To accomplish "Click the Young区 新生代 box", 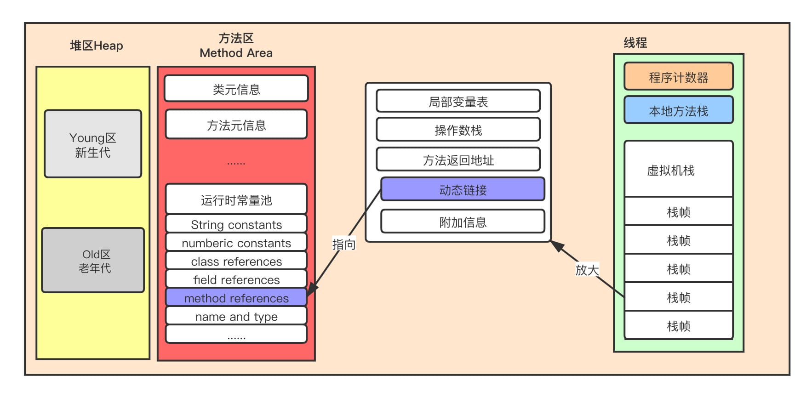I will point(93,144).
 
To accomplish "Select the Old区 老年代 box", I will point(93,260).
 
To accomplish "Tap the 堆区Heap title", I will point(97,45).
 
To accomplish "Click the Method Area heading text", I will point(236,53).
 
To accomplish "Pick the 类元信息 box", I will point(236,89).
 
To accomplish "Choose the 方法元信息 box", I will point(236,125).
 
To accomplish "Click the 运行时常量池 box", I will point(236,199).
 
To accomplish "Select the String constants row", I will point(236,224).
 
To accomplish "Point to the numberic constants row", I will point(236,243).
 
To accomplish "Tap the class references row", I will point(236,261).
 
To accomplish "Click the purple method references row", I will point(236,298).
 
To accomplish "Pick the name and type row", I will point(236,316).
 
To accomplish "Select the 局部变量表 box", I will point(458,102).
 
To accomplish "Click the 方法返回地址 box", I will point(458,160).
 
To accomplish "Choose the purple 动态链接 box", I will point(463,189).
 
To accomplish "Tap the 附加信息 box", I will point(463,222).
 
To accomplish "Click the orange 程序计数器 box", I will point(678,77).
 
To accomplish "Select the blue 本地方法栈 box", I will point(678,110).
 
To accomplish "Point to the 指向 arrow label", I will point(344,244).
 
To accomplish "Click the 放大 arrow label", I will point(587,269).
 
